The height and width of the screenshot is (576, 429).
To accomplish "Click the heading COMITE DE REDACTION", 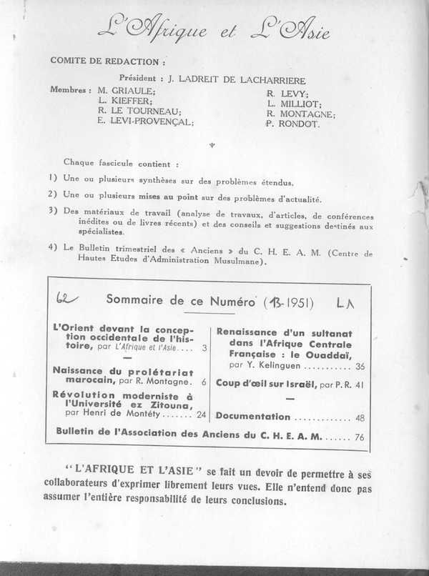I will (107, 61).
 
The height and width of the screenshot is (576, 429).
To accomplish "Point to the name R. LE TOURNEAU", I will (139, 111).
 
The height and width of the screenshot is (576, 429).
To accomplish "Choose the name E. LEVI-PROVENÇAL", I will (146, 122).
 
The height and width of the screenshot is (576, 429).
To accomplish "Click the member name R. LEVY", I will (287, 93).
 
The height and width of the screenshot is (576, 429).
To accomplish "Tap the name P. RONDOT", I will (294, 124).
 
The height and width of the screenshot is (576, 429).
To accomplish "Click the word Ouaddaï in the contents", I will (327, 354).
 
